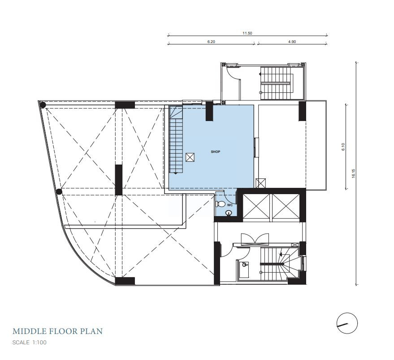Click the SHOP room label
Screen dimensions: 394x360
pyautogui.click(x=215, y=152)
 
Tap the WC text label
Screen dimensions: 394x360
pyautogui.click(x=229, y=205)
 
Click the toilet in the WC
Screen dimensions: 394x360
pyautogui.click(x=220, y=204)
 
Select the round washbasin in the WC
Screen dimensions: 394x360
pyautogui.click(x=229, y=213)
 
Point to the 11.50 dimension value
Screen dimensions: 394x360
pyautogui.click(x=247, y=33)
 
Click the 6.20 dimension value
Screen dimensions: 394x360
pyautogui.click(x=211, y=42)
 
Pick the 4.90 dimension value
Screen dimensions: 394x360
pyautogui.click(x=292, y=42)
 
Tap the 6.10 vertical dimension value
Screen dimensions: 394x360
pyautogui.click(x=343, y=147)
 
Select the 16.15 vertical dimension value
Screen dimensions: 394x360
pyautogui.click(x=354, y=173)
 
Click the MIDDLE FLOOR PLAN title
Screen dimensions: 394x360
pyautogui.click(x=57, y=331)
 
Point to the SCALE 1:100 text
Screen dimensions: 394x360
pyautogui.click(x=30, y=343)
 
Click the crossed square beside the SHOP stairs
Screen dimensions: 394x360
pyautogui.click(x=190, y=157)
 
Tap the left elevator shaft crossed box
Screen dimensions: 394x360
pyautogui.click(x=256, y=206)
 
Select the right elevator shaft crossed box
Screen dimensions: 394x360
pyautogui.click(x=286, y=206)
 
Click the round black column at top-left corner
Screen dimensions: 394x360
pyautogui.click(x=43, y=104)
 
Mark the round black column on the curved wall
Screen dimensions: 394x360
pyautogui.click(x=59, y=192)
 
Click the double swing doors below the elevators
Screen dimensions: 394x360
pyautogui.click(x=255, y=239)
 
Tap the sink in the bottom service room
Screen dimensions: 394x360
pyautogui.click(x=244, y=265)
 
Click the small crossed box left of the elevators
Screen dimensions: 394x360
pyautogui.click(x=260, y=183)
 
